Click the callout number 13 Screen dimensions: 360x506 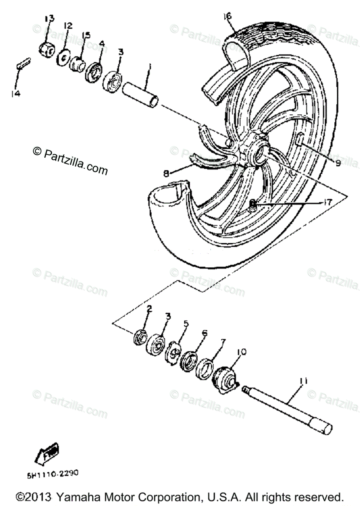[x=49, y=18]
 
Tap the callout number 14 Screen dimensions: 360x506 [x=16, y=94]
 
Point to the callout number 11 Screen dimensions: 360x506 [x=304, y=382]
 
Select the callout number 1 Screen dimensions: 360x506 [x=148, y=67]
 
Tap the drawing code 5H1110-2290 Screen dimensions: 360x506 [x=53, y=474]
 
